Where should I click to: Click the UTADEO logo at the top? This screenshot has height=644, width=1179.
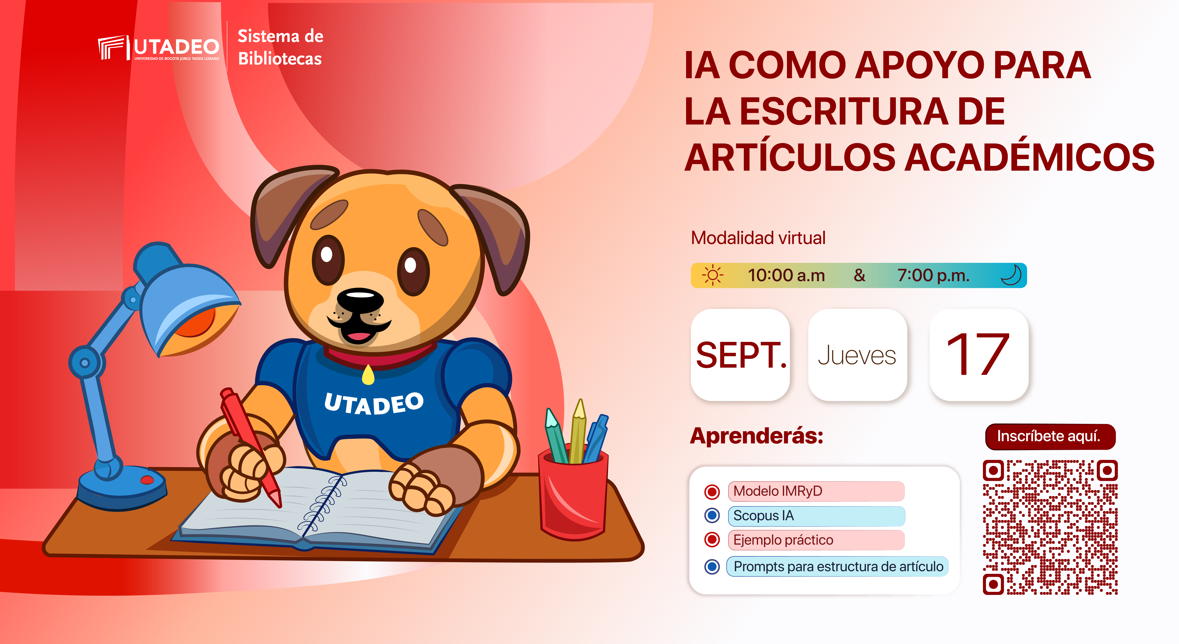(x=158, y=48)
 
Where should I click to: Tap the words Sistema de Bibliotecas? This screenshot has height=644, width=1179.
(x=280, y=47)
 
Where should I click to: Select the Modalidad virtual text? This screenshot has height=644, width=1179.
(x=758, y=238)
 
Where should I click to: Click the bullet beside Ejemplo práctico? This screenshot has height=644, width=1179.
(x=712, y=540)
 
